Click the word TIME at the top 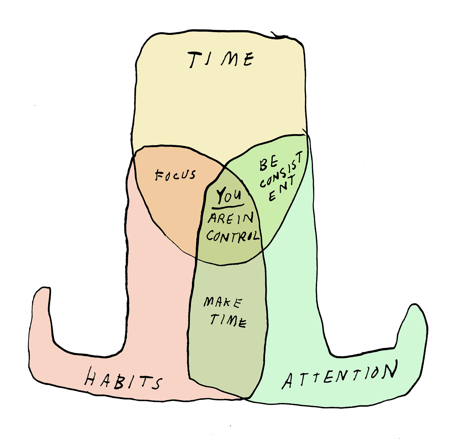pos(221,59)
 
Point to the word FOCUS pos(175,175)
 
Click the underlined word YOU pos(229,195)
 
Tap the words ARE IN pos(231,218)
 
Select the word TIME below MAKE pos(229,320)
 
